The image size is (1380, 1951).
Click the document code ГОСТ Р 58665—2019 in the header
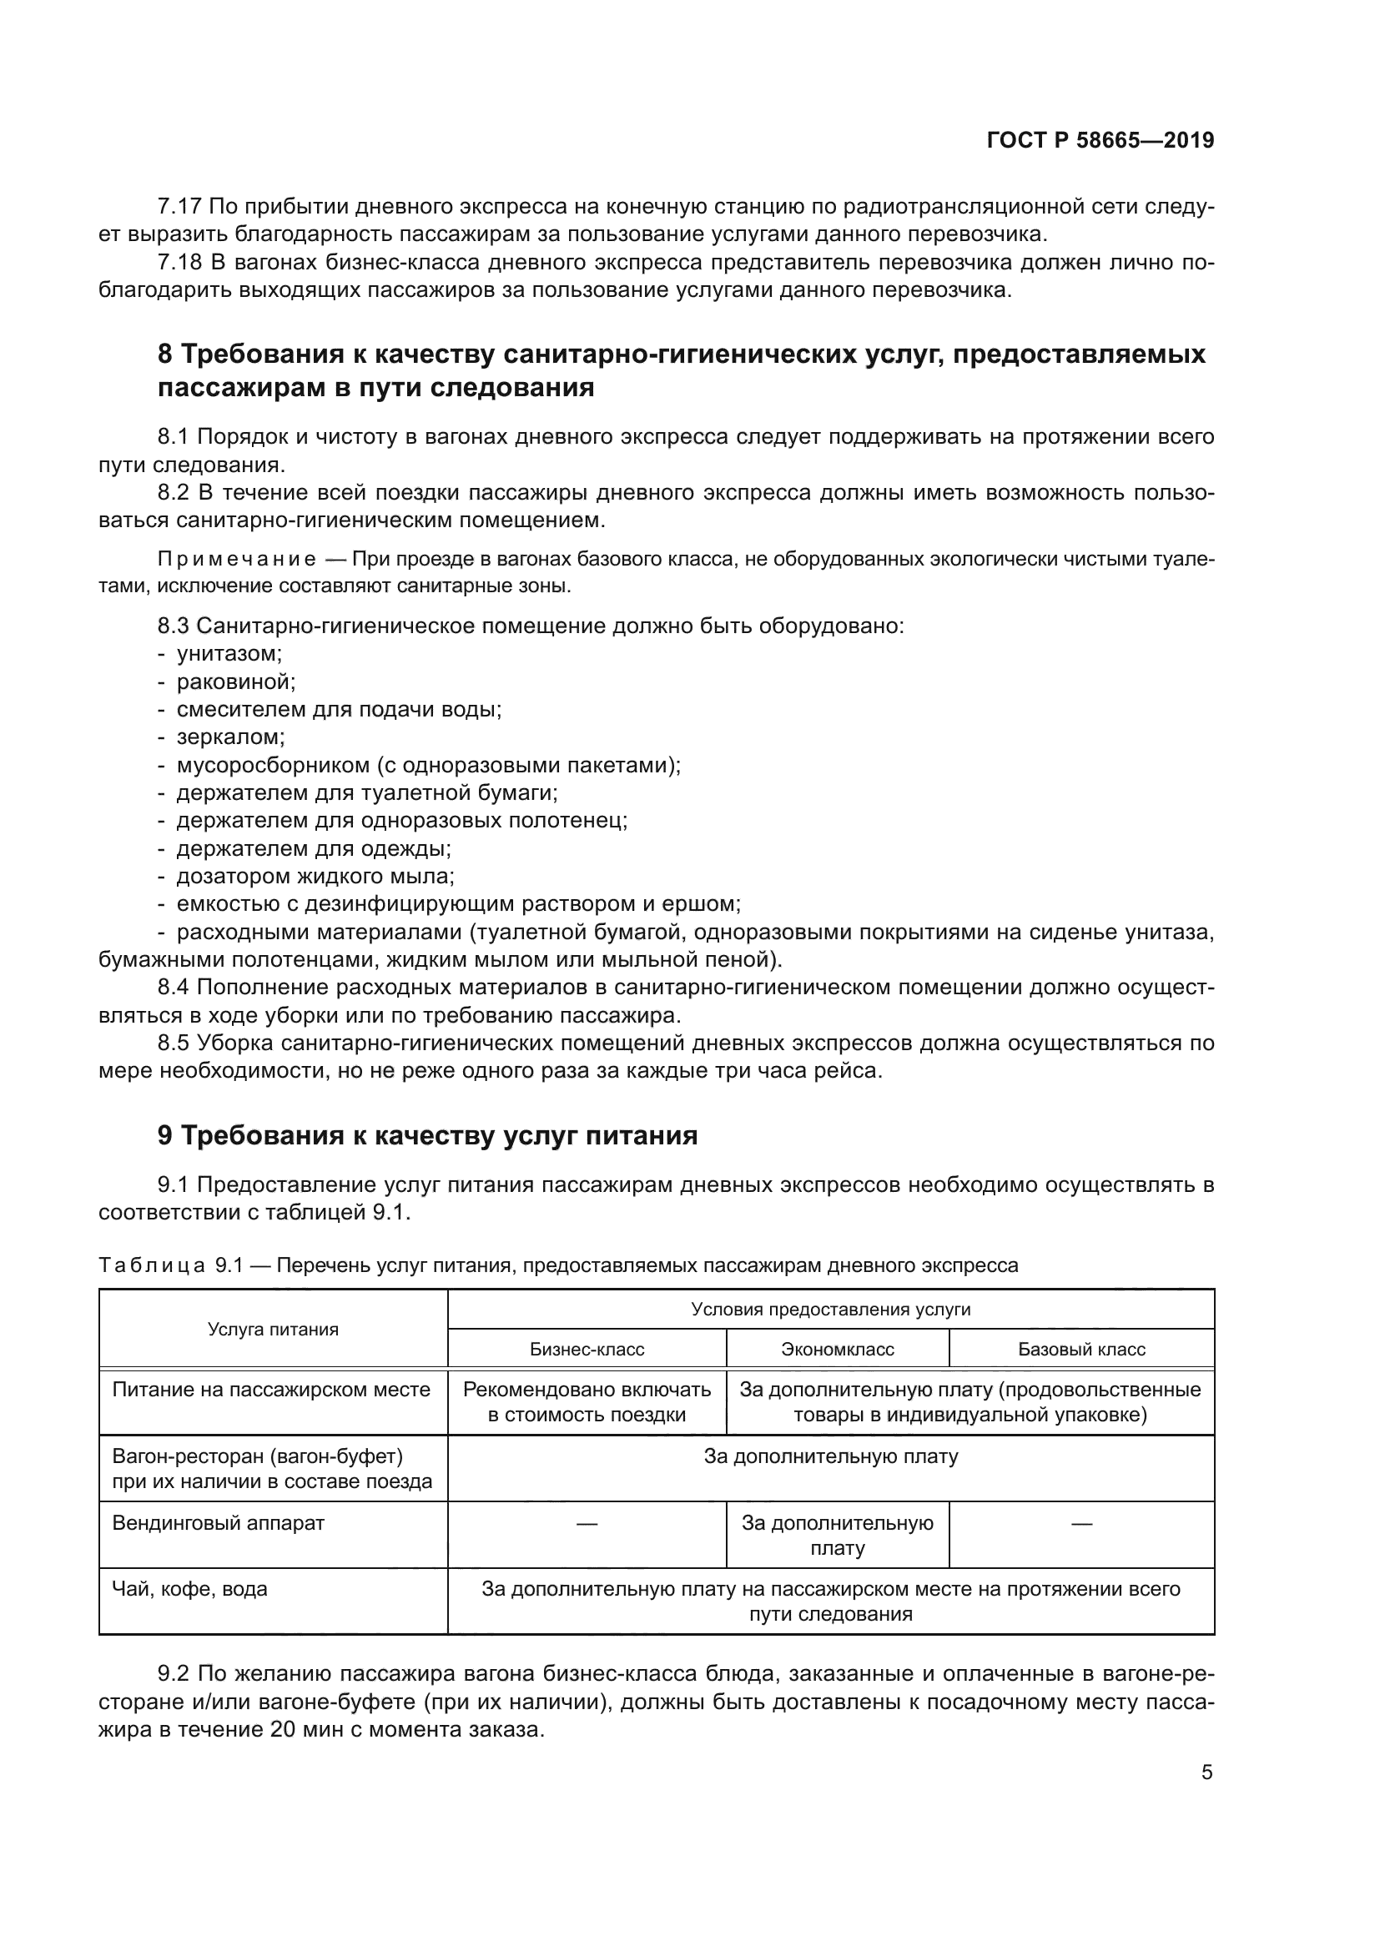[1100, 141]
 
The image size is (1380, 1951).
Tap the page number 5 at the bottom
[1206, 1772]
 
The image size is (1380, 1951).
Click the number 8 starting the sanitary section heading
[165, 354]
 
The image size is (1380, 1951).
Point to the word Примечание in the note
[237, 559]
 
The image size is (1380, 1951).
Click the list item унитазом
[229, 653]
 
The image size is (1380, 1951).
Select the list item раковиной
[235, 681]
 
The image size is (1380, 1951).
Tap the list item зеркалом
[230, 737]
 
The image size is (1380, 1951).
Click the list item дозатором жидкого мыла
[315, 875]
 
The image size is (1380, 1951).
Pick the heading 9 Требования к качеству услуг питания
[427, 1135]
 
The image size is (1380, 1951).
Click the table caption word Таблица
[151, 1265]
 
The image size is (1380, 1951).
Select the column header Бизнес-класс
[587, 1350]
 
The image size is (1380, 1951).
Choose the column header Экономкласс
[837, 1350]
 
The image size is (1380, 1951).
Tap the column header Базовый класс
[1080, 1350]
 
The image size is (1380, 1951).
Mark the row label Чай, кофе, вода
[189, 1589]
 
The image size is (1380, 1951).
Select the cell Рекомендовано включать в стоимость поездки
[587, 1402]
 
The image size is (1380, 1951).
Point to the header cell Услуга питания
[273, 1330]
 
